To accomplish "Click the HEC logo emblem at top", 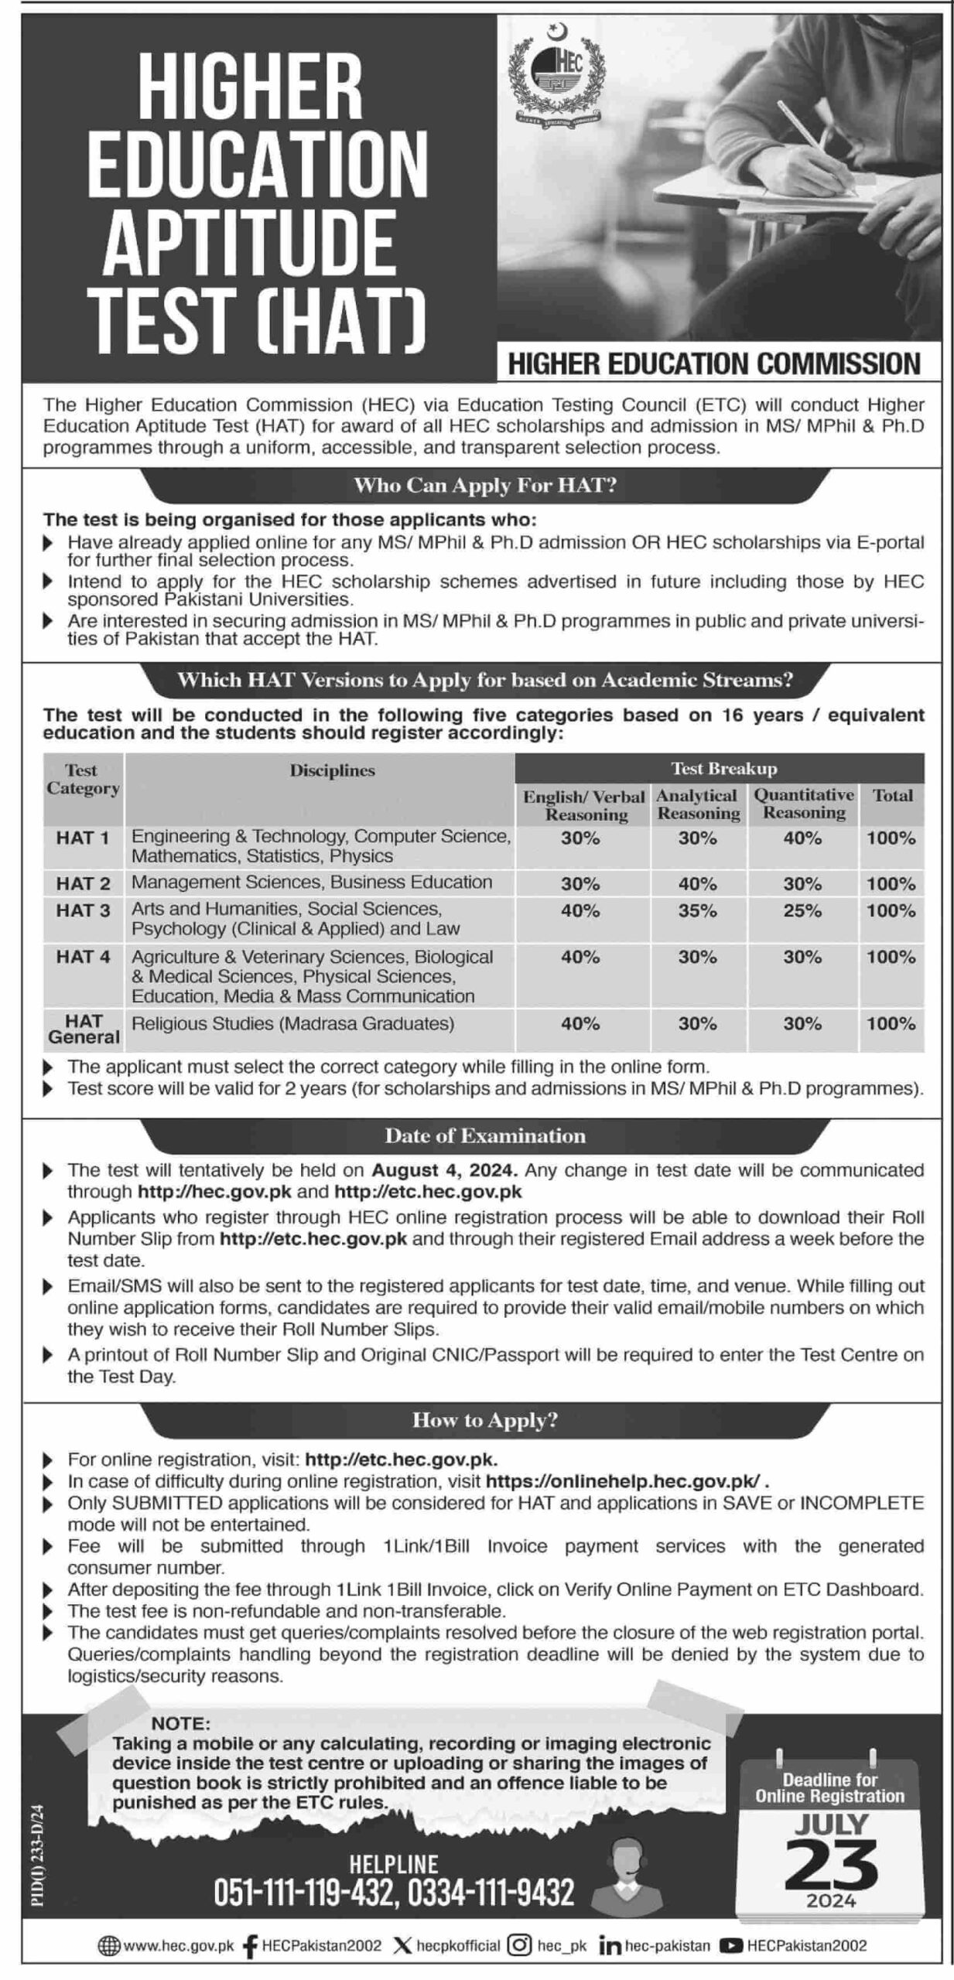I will [555, 75].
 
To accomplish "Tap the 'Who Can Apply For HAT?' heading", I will [485, 485].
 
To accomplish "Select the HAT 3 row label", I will [83, 910].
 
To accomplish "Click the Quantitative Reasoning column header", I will [804, 804].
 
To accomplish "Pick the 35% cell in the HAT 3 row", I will [698, 911].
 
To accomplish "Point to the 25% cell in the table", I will [802, 911].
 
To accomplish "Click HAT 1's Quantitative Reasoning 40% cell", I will [802, 838].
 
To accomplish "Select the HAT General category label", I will [84, 1029].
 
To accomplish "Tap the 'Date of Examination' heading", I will [485, 1136].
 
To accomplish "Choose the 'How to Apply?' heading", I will [485, 1420].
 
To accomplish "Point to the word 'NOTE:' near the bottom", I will [180, 1723].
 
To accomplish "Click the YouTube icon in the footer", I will [730, 1945].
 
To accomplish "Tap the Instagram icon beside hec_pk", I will [520, 1945].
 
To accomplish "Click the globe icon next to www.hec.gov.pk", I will [108, 1945].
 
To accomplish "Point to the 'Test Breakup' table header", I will [723, 768].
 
